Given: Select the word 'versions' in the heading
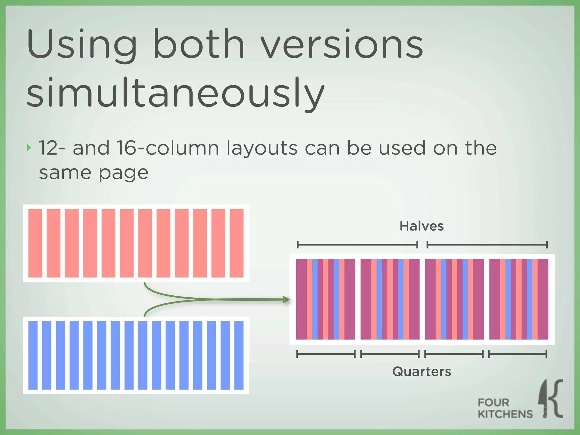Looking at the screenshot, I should pyautogui.click(x=341, y=45).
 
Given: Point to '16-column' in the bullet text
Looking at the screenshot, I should pyautogui.click(x=168, y=148).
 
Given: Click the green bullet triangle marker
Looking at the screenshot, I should pyautogui.click(x=29, y=148).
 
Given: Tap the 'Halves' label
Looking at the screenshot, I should pyautogui.click(x=421, y=226).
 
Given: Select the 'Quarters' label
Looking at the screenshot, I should pyautogui.click(x=421, y=371).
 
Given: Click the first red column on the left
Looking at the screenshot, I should pyautogui.click(x=35, y=243).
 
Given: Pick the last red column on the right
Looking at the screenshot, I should pyautogui.click(x=236, y=243).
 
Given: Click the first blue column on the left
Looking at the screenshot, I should pyautogui.click(x=33, y=355).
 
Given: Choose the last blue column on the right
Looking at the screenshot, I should pyautogui.click(x=239, y=355).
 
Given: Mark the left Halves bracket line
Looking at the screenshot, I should pyautogui.click(x=357, y=245).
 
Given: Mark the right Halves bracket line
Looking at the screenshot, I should pyautogui.click(x=487, y=245).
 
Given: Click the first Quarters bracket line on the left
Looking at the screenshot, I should pyautogui.click(x=326, y=354).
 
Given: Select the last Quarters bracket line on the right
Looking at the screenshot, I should pyautogui.click(x=518, y=354).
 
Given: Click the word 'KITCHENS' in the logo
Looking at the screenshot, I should pyautogui.click(x=505, y=414).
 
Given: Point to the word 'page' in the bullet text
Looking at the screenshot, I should pyautogui.click(x=123, y=173).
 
